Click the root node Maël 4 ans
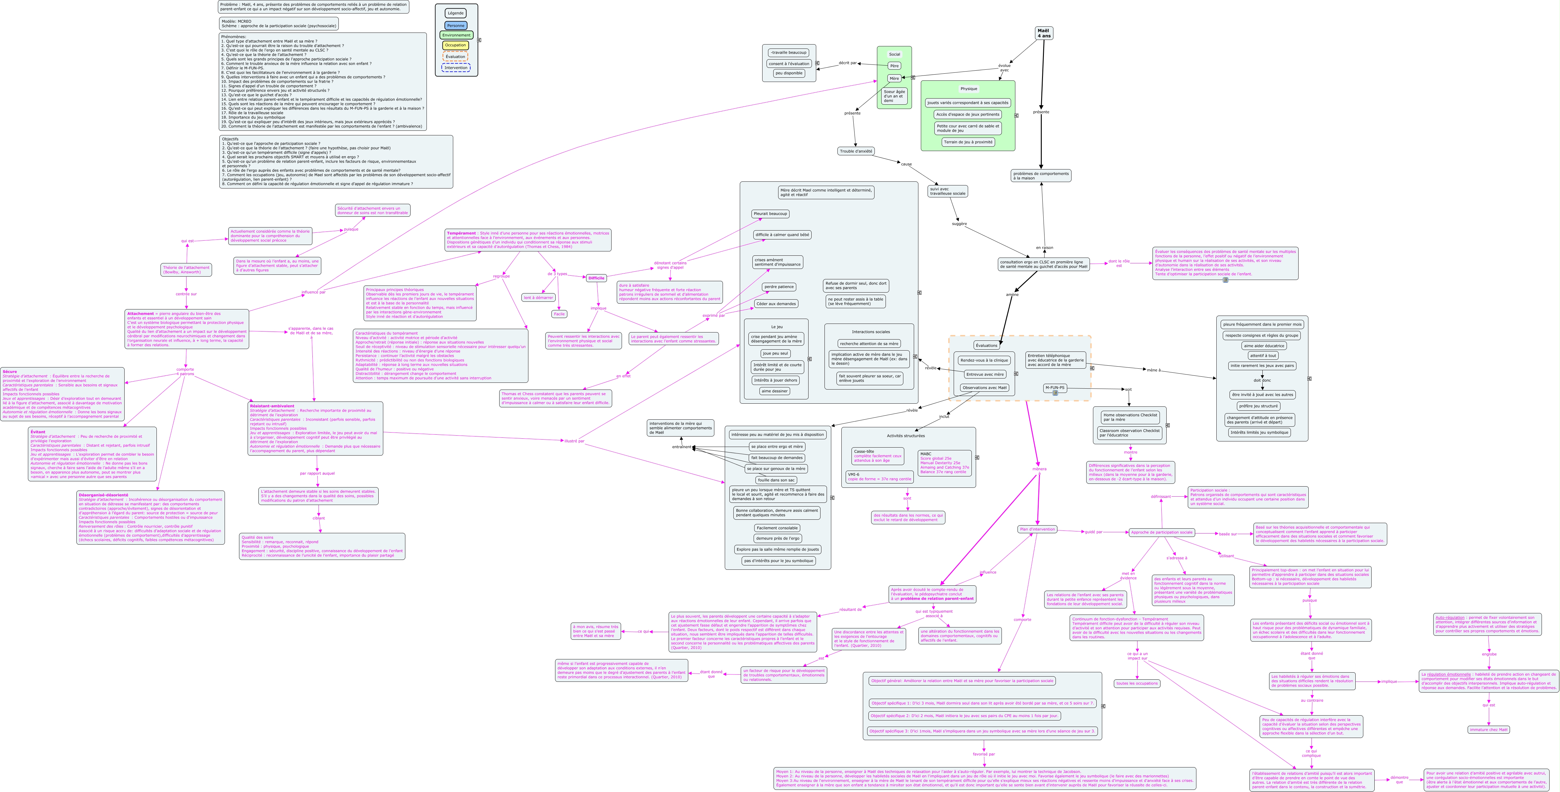click(x=1044, y=33)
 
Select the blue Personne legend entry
click(x=455, y=25)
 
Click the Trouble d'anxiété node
click(x=856, y=151)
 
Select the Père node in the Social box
click(x=894, y=65)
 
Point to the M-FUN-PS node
click(x=1055, y=388)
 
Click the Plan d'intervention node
click(x=1037, y=529)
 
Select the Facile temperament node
click(x=559, y=314)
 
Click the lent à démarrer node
click(x=538, y=297)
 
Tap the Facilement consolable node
click(x=777, y=528)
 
